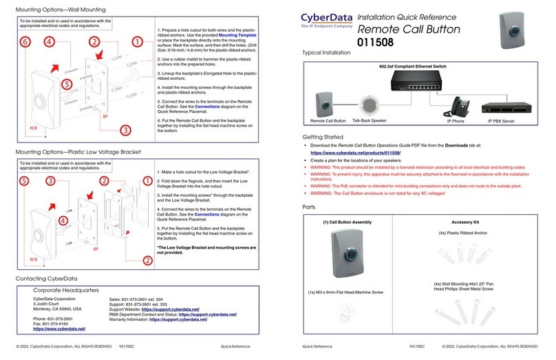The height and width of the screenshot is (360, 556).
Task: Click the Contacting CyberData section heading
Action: pos(50,278)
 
